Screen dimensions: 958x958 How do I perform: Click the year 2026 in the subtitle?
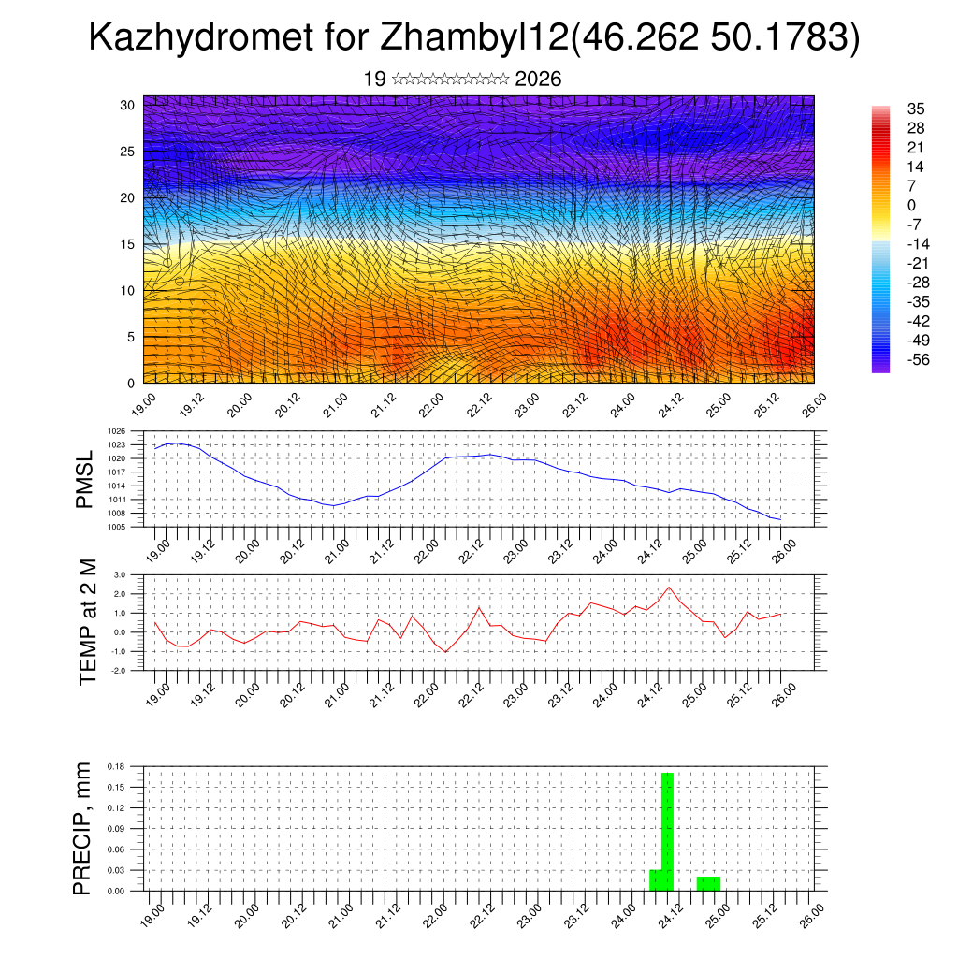click(x=538, y=79)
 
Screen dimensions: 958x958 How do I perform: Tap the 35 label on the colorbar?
click(x=916, y=109)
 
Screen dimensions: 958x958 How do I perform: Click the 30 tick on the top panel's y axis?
click(x=127, y=105)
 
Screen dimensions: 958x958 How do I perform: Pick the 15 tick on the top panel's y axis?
click(x=127, y=244)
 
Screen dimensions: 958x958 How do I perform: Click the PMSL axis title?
click(x=85, y=479)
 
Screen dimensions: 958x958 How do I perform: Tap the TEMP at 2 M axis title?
click(x=88, y=622)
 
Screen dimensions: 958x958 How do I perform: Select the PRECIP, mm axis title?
click(x=83, y=828)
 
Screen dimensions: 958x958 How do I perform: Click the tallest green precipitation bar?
click(x=667, y=831)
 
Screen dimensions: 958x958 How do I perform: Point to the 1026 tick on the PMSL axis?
click(x=117, y=431)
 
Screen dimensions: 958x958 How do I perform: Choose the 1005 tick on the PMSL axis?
click(x=117, y=527)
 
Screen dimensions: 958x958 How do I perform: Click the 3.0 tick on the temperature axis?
click(x=120, y=574)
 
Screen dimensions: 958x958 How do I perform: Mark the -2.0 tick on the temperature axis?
click(x=118, y=671)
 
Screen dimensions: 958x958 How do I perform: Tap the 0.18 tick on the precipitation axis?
click(x=117, y=766)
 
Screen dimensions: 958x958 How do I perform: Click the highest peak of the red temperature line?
click(x=669, y=588)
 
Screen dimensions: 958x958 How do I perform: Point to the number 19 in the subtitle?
click(x=374, y=79)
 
